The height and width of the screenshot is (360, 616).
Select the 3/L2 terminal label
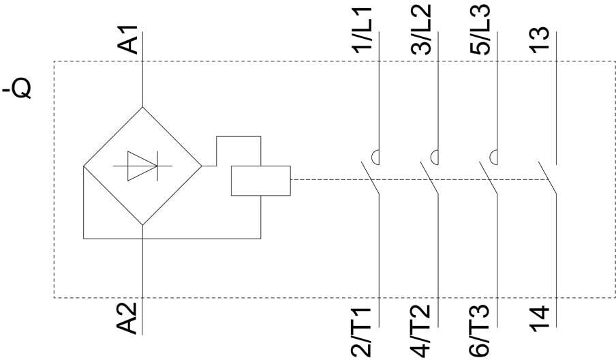point(423,31)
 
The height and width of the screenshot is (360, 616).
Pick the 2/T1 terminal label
point(362,332)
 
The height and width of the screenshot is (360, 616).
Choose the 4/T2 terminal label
point(421,332)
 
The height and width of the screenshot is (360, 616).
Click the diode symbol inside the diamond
point(142,165)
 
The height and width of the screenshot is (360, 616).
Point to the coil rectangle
point(261,181)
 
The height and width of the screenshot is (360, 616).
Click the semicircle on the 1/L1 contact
point(375,157)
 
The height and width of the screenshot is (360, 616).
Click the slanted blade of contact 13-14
point(547,178)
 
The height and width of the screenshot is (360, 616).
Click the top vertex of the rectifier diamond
point(142,106)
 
